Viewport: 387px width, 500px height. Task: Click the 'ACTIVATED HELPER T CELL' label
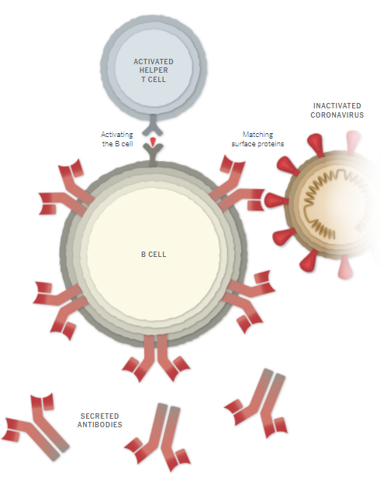[154, 70]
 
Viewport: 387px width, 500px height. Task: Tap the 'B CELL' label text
[154, 255]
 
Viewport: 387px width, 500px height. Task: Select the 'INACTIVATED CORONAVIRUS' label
[337, 111]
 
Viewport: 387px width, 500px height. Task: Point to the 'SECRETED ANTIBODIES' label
[100, 420]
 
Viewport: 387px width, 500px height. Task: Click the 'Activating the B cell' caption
[117, 139]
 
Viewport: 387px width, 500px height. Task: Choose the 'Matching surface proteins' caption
[257, 139]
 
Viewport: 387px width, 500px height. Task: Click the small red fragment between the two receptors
[154, 142]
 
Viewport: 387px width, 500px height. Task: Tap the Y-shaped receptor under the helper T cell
[153, 126]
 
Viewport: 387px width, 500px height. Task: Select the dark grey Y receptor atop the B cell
[153, 155]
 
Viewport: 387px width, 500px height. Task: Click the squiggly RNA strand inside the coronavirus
[333, 204]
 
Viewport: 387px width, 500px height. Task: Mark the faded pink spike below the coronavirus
[345, 269]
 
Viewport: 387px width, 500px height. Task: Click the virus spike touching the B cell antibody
[276, 200]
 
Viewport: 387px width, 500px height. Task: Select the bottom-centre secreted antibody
[158, 437]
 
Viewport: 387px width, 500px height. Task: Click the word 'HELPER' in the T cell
[154, 70]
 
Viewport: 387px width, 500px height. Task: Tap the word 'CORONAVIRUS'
[337, 115]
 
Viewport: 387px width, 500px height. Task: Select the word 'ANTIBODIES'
[100, 424]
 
